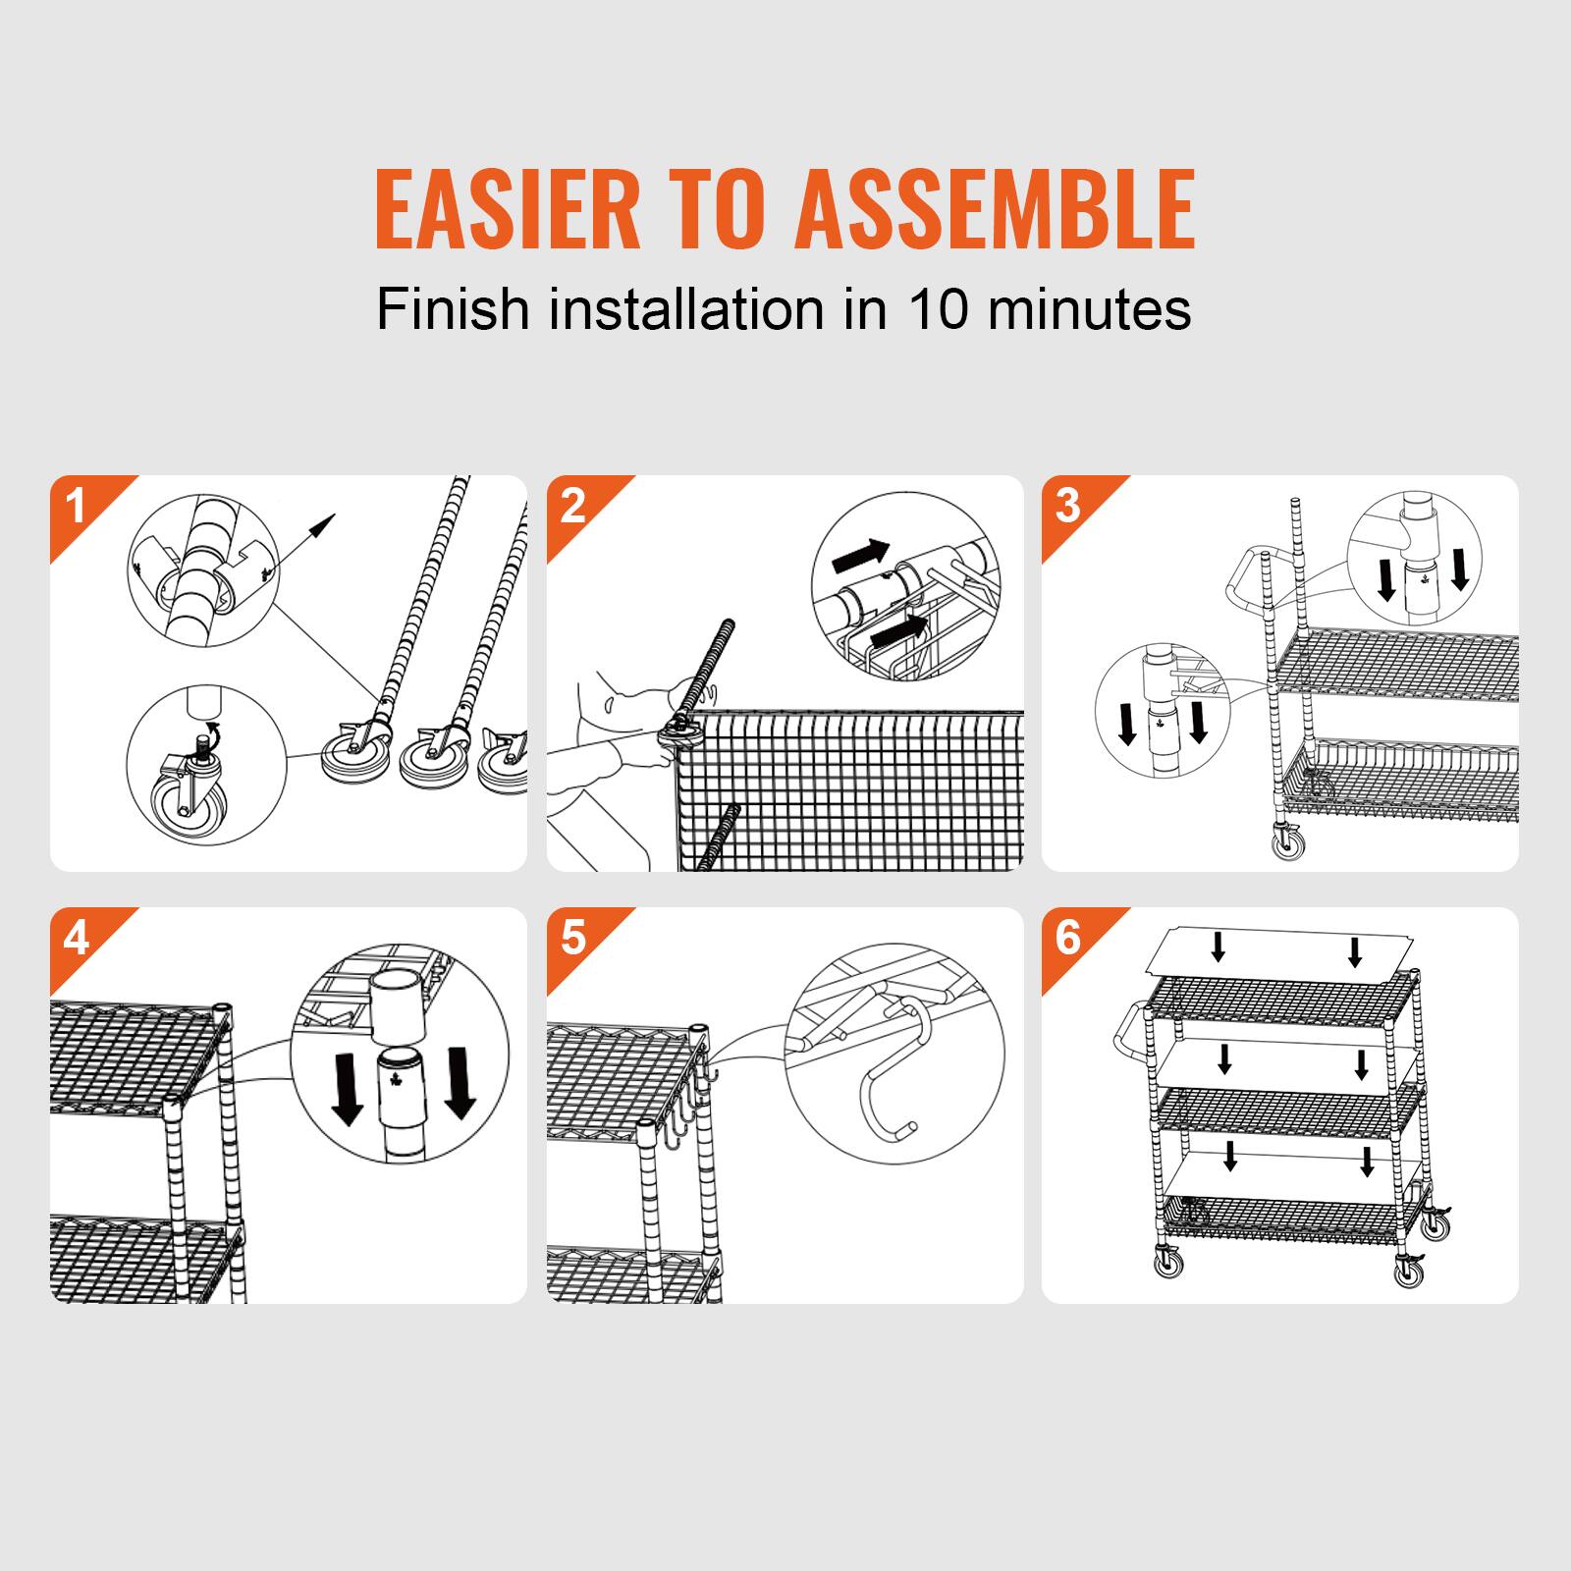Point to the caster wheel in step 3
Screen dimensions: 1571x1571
1284,841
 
